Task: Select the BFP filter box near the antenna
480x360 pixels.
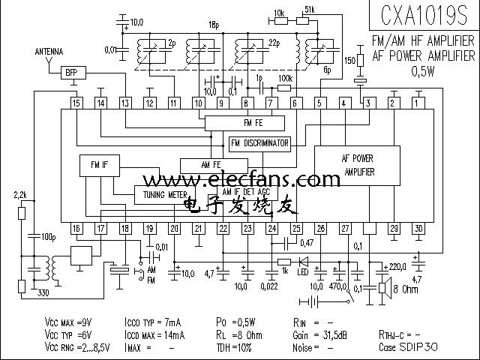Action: pos(71,72)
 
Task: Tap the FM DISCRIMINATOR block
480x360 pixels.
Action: pos(259,142)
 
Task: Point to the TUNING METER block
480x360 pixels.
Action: pos(164,194)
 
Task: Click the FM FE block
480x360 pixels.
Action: pos(244,122)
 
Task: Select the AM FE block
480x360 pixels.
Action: pos(213,164)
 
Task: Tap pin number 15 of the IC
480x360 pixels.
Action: pos(76,103)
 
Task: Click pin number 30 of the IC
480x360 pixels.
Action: pos(418,228)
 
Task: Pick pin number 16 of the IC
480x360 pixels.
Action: pos(76,228)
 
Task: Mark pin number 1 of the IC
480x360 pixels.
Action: pos(418,103)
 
